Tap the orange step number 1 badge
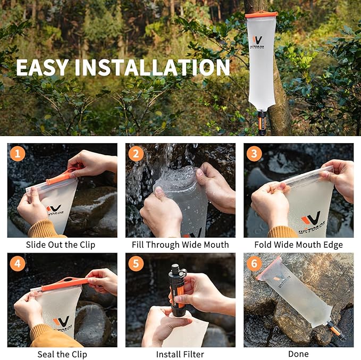click(18, 154)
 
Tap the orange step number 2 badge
click(136, 154)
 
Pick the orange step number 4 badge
click(18, 264)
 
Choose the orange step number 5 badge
click(136, 264)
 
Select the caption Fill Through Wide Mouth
click(180, 245)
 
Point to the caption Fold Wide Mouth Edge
click(298, 245)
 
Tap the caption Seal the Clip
click(62, 354)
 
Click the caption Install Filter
click(180, 354)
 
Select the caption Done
click(298, 354)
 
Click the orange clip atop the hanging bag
click(261, 15)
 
